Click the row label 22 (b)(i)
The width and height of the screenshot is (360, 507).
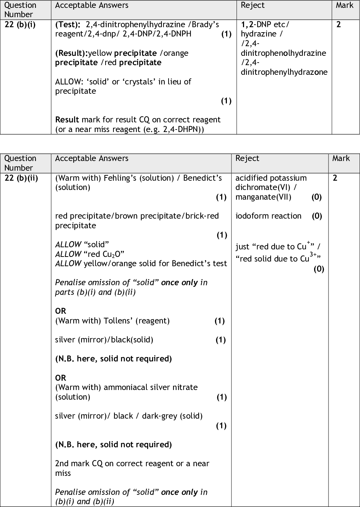20,25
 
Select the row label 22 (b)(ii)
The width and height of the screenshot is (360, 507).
21,178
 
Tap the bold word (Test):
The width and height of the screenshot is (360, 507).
68,25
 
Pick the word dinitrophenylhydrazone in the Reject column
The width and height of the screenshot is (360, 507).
284,72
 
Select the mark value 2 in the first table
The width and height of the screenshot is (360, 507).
339,25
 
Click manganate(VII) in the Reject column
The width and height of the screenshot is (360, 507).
263,197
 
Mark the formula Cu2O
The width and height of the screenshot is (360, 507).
113,254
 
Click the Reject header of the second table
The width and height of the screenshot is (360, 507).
247,158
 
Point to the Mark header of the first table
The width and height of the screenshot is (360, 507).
344,5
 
